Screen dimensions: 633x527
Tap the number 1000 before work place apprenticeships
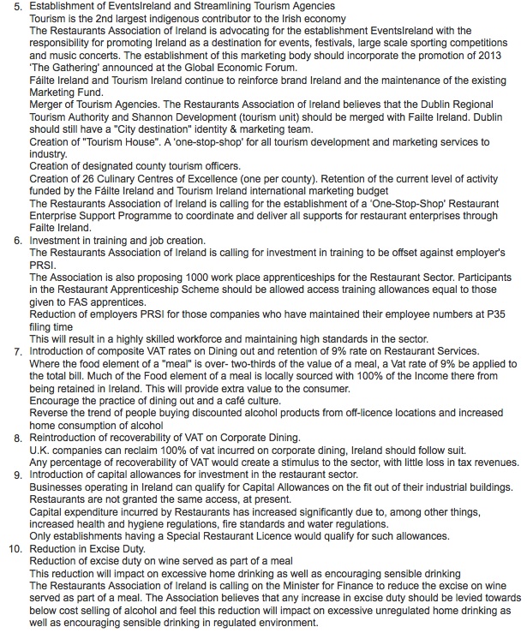(x=187, y=278)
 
